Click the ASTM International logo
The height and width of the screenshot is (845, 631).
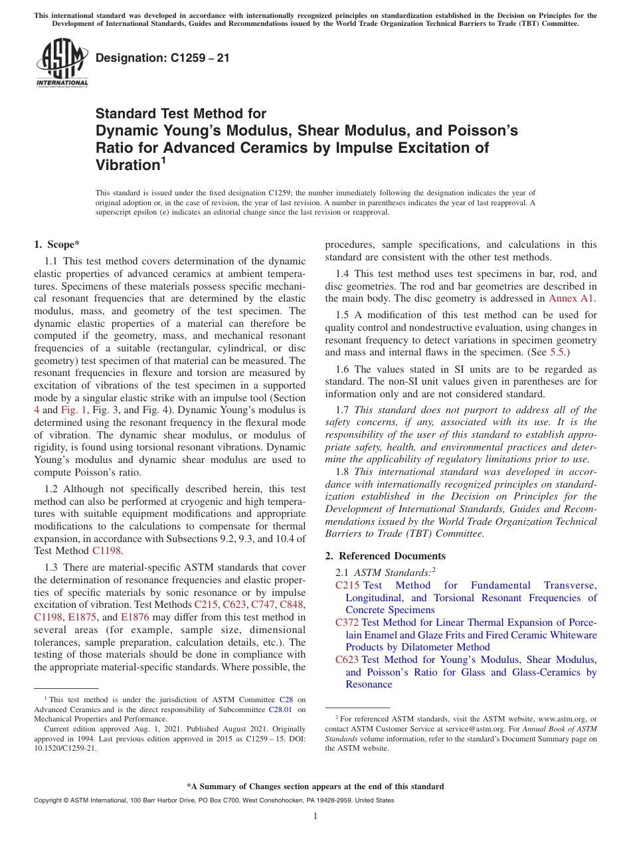click(x=62, y=63)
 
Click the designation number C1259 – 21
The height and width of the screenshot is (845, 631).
click(x=163, y=58)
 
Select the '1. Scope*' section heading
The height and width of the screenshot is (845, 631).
click(x=58, y=244)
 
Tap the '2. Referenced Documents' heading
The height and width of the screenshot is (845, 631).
click(x=385, y=555)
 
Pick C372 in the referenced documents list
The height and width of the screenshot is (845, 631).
click(x=347, y=622)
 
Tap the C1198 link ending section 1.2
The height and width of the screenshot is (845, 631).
click(x=107, y=550)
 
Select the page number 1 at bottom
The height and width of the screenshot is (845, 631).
click(x=315, y=816)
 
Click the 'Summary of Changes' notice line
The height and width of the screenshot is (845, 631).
click(x=315, y=787)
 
